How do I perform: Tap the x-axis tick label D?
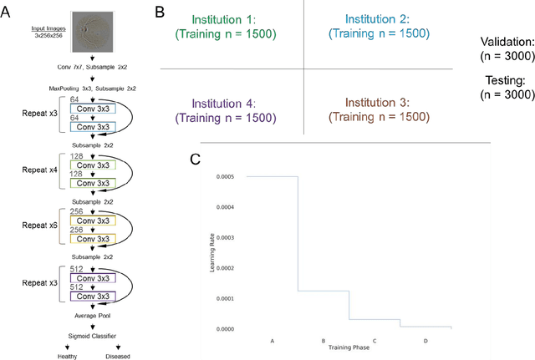tap(425, 342)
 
